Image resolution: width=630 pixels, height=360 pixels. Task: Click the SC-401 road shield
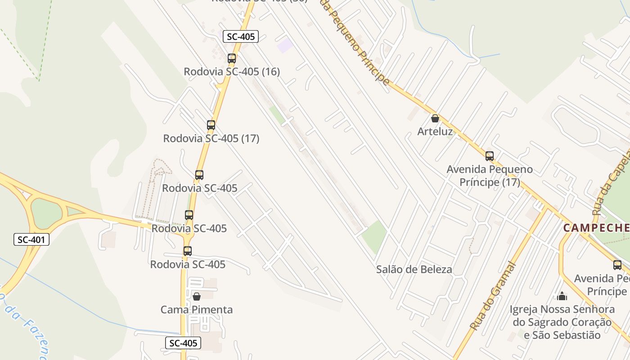click(31, 239)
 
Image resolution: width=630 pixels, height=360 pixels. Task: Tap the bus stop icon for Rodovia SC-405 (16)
click(232, 58)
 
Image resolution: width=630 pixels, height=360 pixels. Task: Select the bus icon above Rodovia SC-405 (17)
click(211, 125)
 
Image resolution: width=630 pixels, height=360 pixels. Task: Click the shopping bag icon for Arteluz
click(435, 118)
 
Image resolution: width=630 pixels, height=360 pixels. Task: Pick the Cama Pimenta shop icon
click(197, 297)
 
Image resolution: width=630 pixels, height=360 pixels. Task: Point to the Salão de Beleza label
click(414, 270)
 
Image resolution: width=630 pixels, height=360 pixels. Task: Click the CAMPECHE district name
click(596, 228)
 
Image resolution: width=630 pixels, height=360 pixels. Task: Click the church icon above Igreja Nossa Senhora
click(562, 296)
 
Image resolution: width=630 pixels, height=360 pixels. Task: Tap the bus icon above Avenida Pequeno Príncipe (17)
click(490, 156)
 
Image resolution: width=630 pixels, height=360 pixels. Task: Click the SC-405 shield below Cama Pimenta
click(183, 343)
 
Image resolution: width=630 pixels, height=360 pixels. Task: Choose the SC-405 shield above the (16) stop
click(241, 36)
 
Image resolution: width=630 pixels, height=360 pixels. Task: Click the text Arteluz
click(435, 131)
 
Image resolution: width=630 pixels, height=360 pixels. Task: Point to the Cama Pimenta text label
click(197, 310)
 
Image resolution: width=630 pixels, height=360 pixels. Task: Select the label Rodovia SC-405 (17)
click(211, 138)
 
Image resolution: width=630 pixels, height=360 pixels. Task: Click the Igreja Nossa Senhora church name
click(562, 322)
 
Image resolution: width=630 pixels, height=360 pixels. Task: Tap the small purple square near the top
click(284, 45)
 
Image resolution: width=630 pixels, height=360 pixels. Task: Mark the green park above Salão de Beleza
click(375, 236)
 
